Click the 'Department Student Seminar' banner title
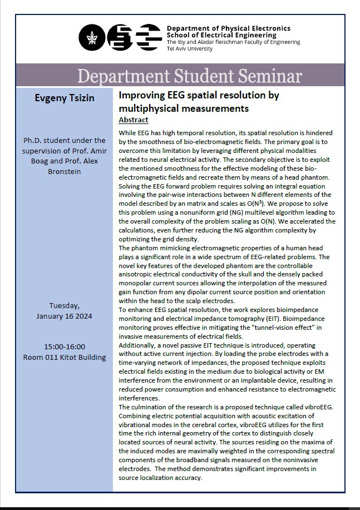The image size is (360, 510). point(189,76)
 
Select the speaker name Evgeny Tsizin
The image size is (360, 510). point(65,98)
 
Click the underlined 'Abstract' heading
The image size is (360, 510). point(134,120)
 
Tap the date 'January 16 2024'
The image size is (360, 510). point(65,316)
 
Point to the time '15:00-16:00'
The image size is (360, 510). point(65,346)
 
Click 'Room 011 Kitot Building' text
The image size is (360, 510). point(65,356)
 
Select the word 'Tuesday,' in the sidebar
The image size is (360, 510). point(65,305)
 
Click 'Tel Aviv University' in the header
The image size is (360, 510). point(190,49)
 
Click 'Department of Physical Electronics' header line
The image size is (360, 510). point(228,28)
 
